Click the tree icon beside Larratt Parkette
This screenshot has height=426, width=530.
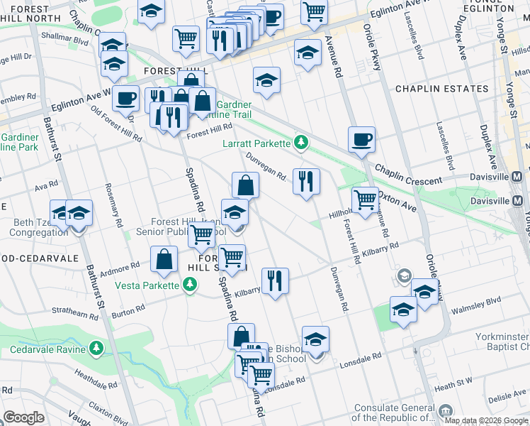click(x=302, y=143)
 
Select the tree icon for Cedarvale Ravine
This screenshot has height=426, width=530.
click(x=96, y=349)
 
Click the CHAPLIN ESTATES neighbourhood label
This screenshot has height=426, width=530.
click(x=441, y=89)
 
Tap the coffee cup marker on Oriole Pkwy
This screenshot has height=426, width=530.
click(x=361, y=139)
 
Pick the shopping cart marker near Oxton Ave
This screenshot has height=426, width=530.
click(x=365, y=200)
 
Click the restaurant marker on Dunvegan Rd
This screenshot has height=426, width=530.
click(x=306, y=181)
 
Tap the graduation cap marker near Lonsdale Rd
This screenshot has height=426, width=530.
click(x=315, y=339)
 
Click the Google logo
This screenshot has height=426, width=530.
click(x=24, y=417)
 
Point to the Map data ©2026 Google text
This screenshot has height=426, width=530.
click(x=486, y=421)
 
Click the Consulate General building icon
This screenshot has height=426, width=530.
click(x=445, y=410)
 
